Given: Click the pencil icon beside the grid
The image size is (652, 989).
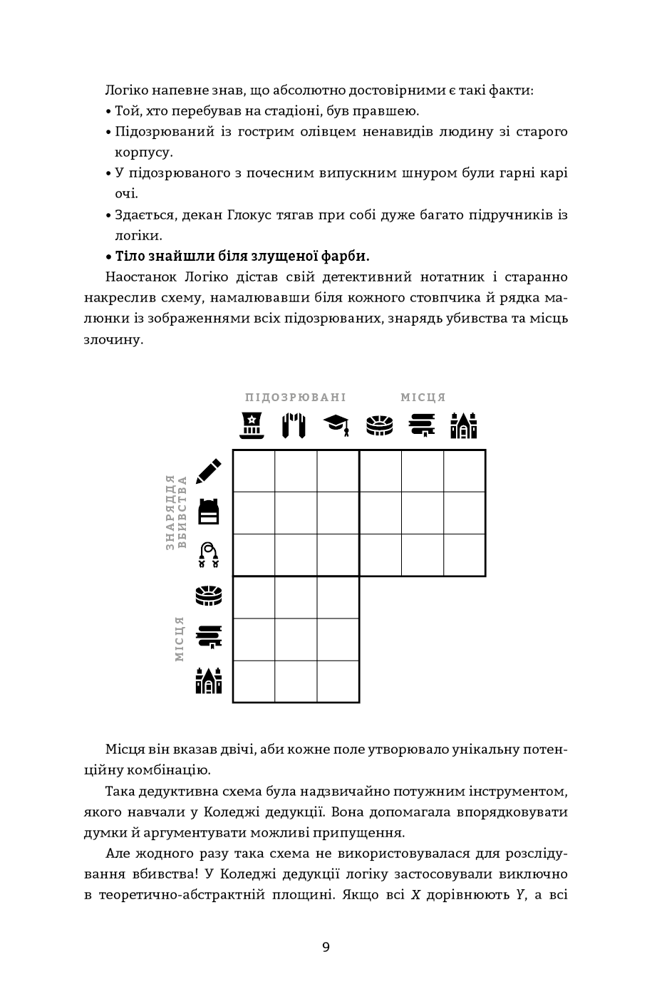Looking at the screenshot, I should (x=208, y=471).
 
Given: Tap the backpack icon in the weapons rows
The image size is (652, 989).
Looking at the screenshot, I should (x=208, y=512).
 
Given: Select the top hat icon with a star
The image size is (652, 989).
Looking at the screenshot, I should (x=251, y=425).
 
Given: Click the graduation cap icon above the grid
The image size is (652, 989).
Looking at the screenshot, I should (x=336, y=425).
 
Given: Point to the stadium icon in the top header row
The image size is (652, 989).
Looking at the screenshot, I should (x=379, y=425).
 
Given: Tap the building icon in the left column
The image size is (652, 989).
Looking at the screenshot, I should (x=208, y=680).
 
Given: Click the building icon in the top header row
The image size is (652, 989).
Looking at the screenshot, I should (x=463, y=425).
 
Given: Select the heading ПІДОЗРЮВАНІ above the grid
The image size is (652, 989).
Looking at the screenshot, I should (x=295, y=398).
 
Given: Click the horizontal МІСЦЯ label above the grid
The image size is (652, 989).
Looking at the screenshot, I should (x=423, y=398).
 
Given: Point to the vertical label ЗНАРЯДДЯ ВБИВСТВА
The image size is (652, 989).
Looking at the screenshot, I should (x=176, y=512).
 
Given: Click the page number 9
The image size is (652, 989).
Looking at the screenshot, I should (x=326, y=947).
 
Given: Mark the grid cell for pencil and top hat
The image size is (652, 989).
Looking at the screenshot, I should (x=254, y=471).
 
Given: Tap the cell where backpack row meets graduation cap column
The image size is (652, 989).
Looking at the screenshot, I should (x=338, y=513).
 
